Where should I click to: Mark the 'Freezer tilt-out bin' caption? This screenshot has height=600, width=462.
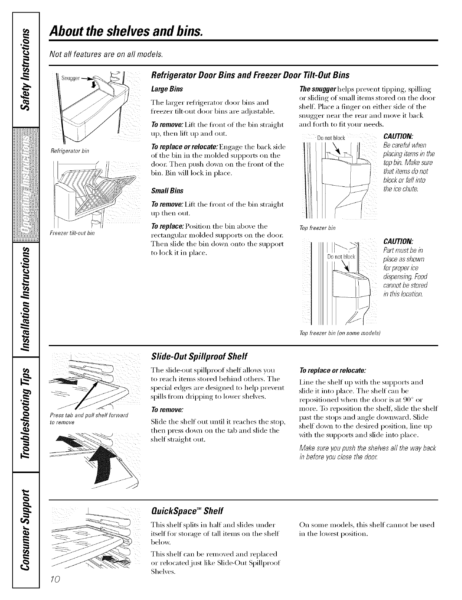[69, 233]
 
